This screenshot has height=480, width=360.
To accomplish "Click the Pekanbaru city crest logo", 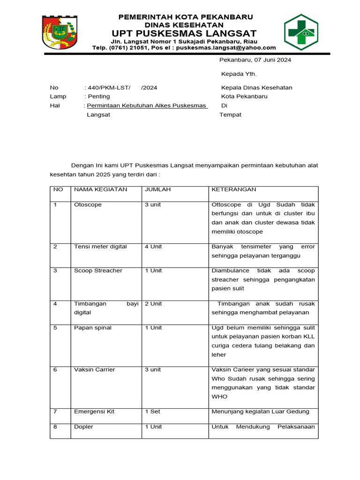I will (60, 32).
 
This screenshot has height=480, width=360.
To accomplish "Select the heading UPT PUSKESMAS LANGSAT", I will (184, 33).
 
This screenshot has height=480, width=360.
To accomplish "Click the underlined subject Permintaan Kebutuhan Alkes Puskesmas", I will (147, 105).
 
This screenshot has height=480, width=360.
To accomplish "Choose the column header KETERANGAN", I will (234, 189).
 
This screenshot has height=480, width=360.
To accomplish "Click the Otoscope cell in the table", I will (88, 205).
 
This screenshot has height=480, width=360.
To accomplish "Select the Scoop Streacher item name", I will (98, 271).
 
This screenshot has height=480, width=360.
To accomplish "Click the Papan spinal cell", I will (93, 328).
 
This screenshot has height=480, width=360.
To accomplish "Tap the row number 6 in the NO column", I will (55, 370).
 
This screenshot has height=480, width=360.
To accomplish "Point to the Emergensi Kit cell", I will (94, 412).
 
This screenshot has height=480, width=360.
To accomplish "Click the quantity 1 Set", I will (152, 412).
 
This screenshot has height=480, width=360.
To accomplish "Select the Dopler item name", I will (83, 427).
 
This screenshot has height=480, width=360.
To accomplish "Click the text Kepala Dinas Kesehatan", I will (256, 88).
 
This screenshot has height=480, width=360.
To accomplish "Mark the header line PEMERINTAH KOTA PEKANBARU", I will (185, 17).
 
